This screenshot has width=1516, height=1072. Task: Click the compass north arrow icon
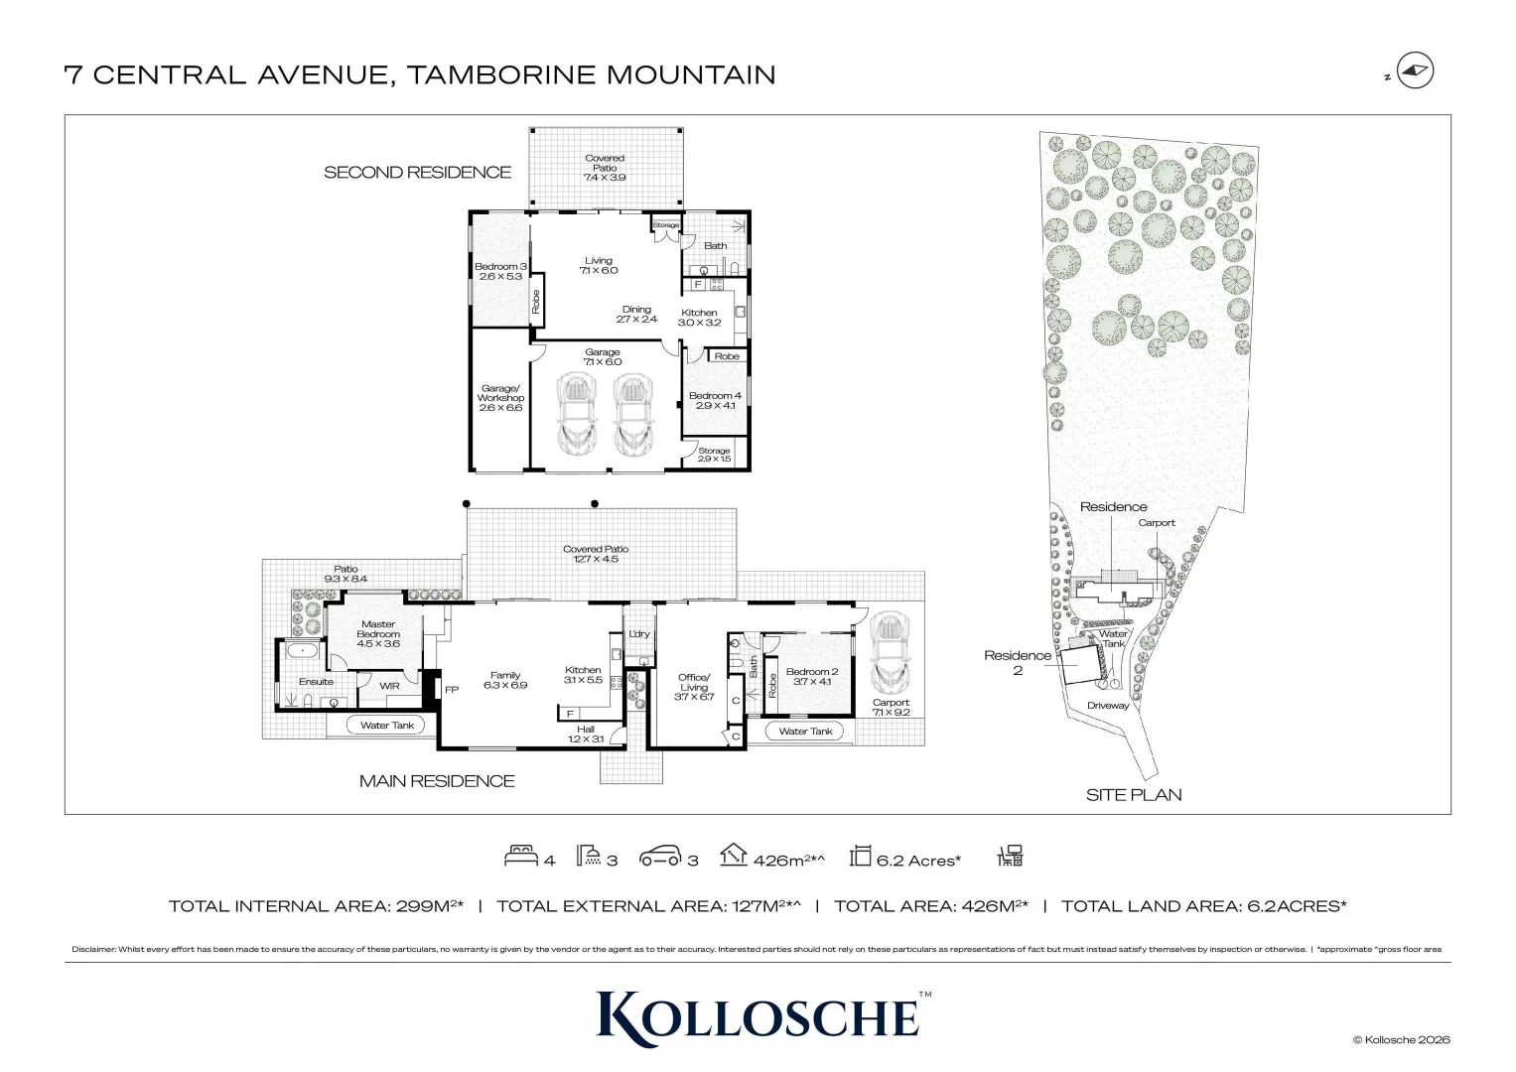1415,71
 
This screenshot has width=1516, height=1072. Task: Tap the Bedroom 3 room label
499,271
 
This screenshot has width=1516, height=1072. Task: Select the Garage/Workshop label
499,398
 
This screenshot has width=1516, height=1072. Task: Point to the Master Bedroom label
378,633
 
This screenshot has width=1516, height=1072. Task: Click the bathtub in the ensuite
301,652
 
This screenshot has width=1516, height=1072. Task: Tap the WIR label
389,685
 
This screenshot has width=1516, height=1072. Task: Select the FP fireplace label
452,690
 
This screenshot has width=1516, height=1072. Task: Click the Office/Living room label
694,687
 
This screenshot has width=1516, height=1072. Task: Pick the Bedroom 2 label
812,676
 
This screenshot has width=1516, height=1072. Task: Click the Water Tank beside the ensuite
387,726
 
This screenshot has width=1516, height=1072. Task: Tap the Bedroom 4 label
715,400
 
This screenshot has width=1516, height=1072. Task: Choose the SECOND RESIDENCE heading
417,173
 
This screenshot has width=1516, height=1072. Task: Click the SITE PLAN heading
1134,795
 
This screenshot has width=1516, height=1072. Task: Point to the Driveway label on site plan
1108,706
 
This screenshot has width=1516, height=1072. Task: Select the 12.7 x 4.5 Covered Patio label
596,554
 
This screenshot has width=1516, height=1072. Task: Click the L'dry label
639,634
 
